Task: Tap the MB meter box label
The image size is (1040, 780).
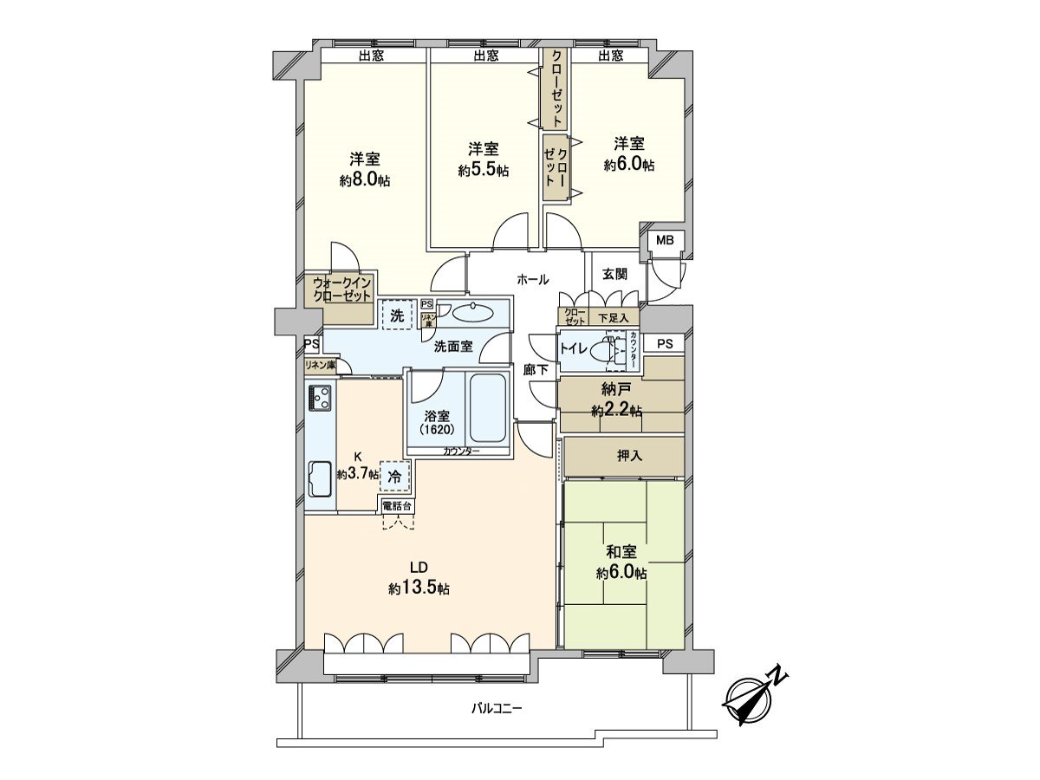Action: pos(664,240)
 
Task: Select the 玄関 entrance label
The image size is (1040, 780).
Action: pos(614,274)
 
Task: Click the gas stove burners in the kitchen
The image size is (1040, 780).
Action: pos(321,398)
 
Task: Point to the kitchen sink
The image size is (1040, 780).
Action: pos(321,478)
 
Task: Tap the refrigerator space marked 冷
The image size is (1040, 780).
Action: pos(394,476)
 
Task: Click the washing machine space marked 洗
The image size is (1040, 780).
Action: pos(397,315)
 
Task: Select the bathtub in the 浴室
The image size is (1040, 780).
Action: pos(487,408)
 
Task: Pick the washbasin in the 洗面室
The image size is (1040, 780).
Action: pos(473,313)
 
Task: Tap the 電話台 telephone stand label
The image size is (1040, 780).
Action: pos(398,506)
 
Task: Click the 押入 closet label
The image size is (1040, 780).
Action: pos(629,456)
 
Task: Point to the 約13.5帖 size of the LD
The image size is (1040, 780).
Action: pos(419,588)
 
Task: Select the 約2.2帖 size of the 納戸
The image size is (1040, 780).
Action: pos(616,410)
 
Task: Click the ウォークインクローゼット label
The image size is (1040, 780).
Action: pos(341,289)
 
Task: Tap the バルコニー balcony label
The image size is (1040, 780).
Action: pos(496,722)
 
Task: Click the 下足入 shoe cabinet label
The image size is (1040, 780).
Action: pos(613,318)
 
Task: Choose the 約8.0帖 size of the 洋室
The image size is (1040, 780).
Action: pos(364,180)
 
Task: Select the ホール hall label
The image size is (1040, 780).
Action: pos(532,279)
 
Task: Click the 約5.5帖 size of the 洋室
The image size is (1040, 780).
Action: pos(484,171)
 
